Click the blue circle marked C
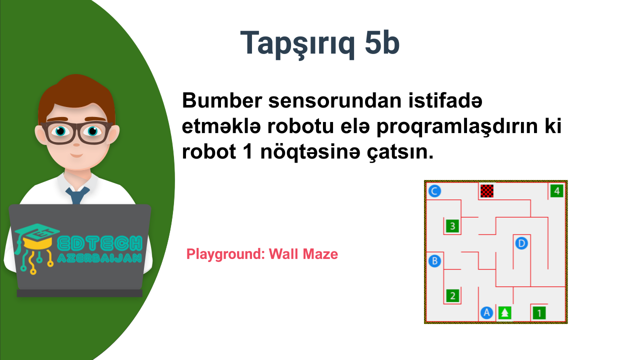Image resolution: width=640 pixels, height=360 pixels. [x=434, y=191]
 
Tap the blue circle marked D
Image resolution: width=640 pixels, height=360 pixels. [x=521, y=243]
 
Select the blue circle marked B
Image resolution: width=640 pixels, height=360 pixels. [x=434, y=261]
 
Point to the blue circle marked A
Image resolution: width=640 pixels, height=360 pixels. [x=487, y=313]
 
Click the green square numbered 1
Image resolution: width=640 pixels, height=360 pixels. [x=539, y=313]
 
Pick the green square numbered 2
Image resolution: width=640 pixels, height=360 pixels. [x=452, y=295]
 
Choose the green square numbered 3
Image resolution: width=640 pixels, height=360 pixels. [x=452, y=226]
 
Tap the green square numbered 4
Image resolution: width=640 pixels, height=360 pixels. [x=556, y=191]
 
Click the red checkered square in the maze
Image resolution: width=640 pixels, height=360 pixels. [x=487, y=191]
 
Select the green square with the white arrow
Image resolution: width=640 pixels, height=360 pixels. [x=504, y=313]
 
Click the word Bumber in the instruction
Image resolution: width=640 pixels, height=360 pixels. [x=222, y=100]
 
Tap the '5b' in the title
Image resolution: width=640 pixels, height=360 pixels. [x=382, y=43]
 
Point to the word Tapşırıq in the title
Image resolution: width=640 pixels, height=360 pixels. [x=297, y=45]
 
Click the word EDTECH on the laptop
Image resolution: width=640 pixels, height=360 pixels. [x=99, y=243]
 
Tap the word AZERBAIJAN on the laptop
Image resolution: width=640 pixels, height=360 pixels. [x=99, y=258]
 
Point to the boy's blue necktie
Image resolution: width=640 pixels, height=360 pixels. [x=77, y=195]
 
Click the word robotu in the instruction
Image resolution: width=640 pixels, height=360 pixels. [x=300, y=126]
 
